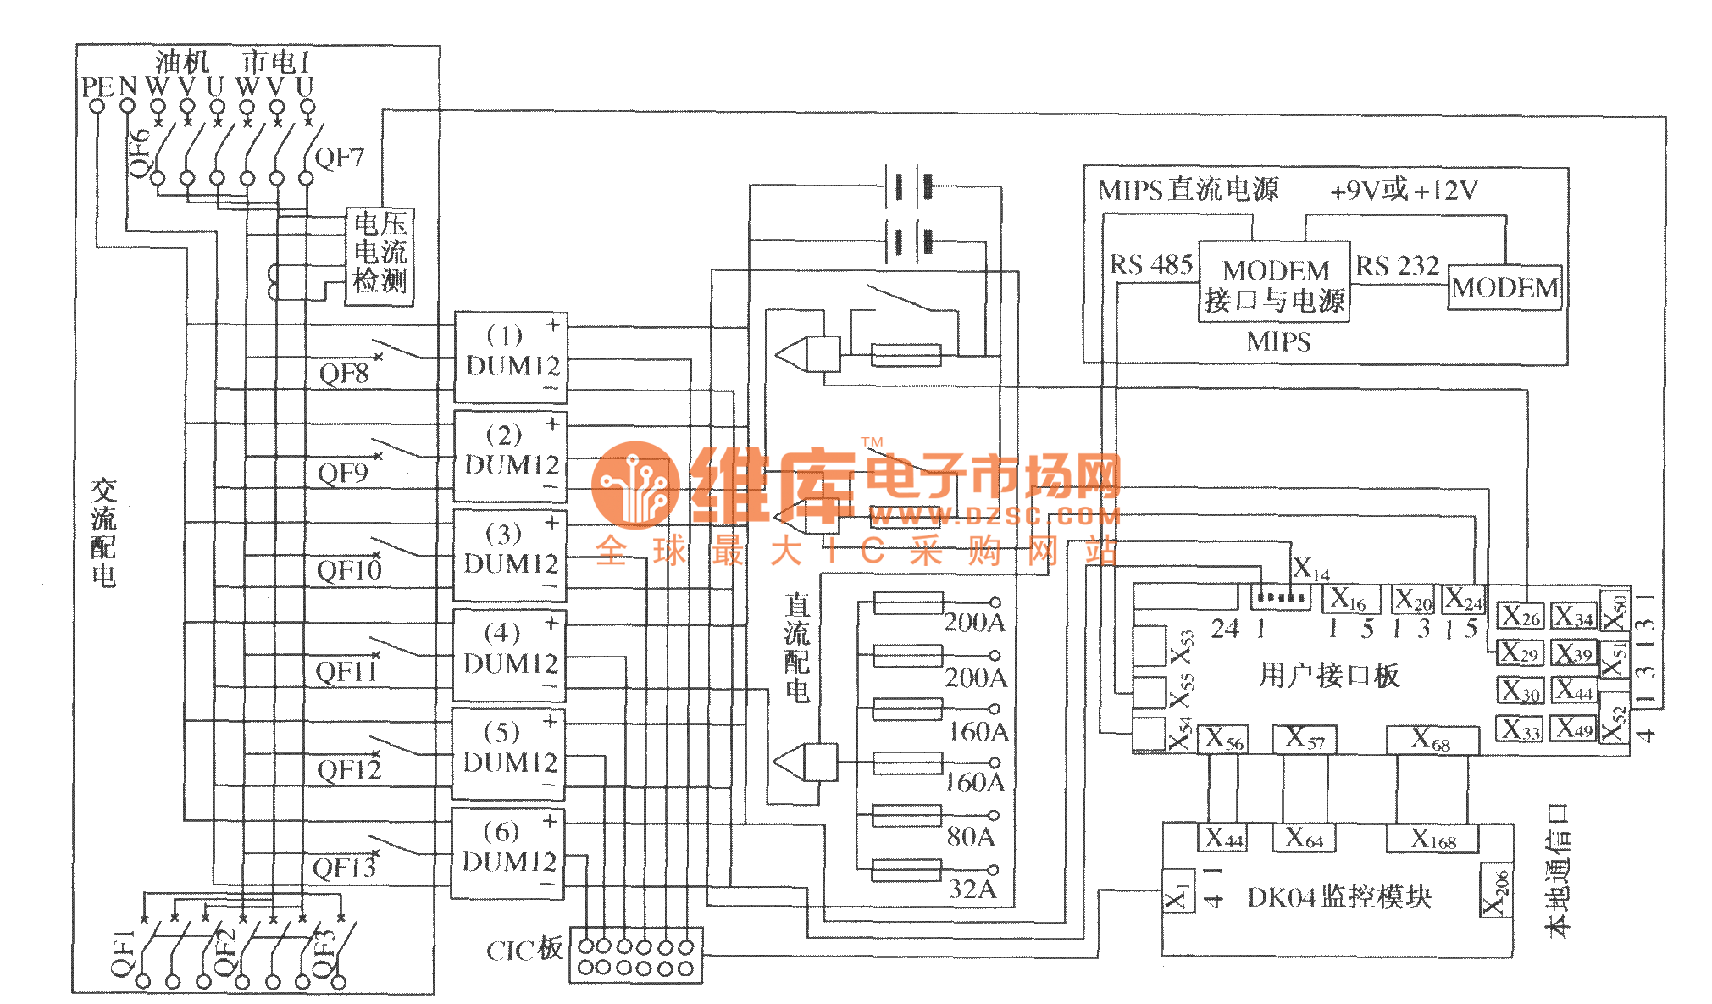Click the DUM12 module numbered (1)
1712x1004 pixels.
click(511, 357)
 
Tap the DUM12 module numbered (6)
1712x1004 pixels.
click(507, 852)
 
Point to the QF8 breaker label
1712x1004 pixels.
click(343, 374)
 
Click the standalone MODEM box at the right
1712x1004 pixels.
click(1504, 288)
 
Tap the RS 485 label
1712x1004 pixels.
click(1150, 265)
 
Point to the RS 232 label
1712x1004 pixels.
click(1397, 266)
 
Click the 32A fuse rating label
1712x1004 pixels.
click(972, 889)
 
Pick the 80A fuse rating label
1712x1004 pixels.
click(971, 836)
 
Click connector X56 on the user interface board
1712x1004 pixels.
click(1224, 739)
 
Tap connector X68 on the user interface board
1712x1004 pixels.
click(1431, 741)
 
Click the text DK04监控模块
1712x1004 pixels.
click(1339, 896)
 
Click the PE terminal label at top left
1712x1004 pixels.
click(97, 86)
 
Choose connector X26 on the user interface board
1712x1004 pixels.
click(1521, 616)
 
